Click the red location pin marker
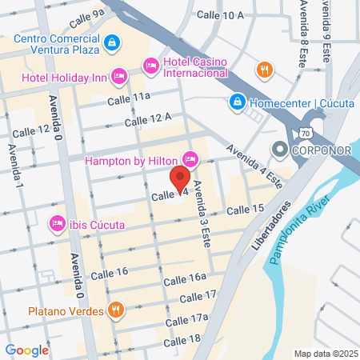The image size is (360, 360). (181, 178)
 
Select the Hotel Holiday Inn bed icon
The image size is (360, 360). (119, 76)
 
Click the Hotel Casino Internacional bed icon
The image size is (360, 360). (150, 66)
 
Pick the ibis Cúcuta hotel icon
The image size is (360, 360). (57, 223)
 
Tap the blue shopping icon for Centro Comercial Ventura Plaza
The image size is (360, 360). (113, 42)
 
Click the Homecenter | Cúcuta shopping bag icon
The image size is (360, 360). (238, 102)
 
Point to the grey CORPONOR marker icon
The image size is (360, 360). (280, 149)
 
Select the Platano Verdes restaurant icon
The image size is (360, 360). (117, 309)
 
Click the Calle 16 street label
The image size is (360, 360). (111, 272)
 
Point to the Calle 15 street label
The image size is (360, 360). (245, 210)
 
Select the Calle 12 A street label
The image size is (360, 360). (149, 120)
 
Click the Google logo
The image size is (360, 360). (26, 350)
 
